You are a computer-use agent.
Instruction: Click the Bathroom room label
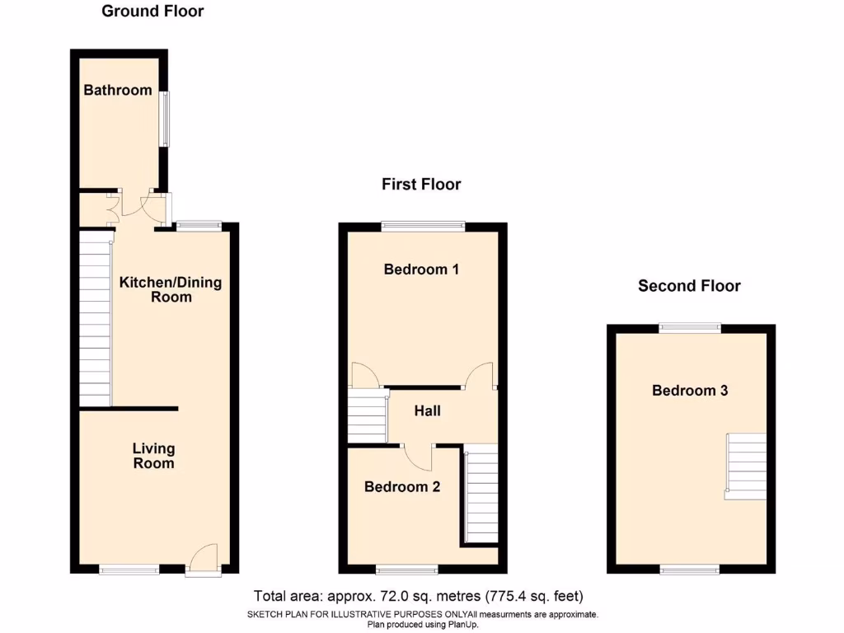[x=118, y=90]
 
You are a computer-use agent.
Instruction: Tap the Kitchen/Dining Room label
[x=171, y=289]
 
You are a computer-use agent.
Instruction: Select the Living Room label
[x=154, y=456]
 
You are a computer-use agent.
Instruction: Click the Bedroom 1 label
[x=421, y=270]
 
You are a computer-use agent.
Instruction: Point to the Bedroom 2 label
[x=402, y=486]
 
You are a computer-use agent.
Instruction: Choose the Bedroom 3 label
[x=690, y=391]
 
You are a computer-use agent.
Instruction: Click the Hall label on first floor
[x=427, y=410]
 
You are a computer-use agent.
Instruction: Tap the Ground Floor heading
[x=152, y=12]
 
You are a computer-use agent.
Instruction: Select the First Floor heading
[x=421, y=185]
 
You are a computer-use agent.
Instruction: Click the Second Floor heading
[x=689, y=286]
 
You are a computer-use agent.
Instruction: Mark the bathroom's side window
[x=165, y=119]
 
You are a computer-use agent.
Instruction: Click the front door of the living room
[x=202, y=560]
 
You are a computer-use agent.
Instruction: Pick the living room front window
[x=129, y=569]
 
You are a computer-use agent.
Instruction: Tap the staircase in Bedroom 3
[x=745, y=466]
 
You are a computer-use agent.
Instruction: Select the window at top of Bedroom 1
[x=423, y=226]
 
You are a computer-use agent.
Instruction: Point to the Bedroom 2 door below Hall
[x=419, y=456]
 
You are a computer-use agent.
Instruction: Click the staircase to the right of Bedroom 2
[x=481, y=495]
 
